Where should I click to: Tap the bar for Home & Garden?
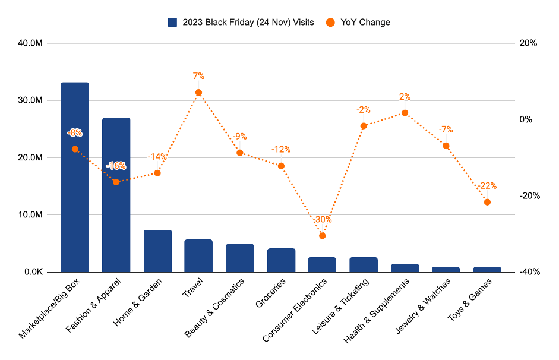pyautogui.click(x=157, y=251)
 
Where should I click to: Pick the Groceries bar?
pyautogui.click(x=281, y=260)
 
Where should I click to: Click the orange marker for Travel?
pyautogui.click(x=198, y=93)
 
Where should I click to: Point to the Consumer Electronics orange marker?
pyautogui.click(x=323, y=236)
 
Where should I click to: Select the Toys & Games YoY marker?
pyautogui.click(x=487, y=202)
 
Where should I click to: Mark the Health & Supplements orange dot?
pyautogui.click(x=405, y=113)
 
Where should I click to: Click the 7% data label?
pyautogui.click(x=198, y=76)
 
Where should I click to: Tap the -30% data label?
pyautogui.click(x=323, y=220)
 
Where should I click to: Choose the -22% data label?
pyautogui.click(x=487, y=186)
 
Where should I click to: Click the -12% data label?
pyautogui.click(x=281, y=150)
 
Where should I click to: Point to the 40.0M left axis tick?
pyautogui.click(x=29, y=43)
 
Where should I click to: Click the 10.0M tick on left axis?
pyautogui.click(x=29, y=215)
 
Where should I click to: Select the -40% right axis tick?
pyautogui.click(x=528, y=272)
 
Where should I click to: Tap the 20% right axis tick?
pyautogui.click(x=528, y=43)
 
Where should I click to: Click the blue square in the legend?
pyautogui.click(x=173, y=23)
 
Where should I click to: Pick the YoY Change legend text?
pyautogui.click(x=365, y=23)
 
